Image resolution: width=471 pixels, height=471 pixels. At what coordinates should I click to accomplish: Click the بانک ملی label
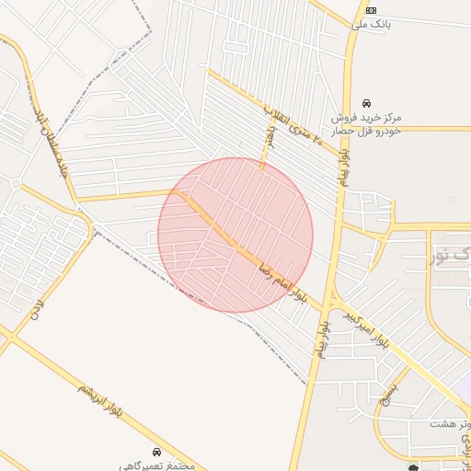pyautogui.click(x=374, y=24)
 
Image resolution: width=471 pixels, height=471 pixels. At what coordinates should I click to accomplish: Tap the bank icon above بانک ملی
pyautogui.click(x=370, y=9)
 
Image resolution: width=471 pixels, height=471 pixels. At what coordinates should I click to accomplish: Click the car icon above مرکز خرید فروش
pyautogui.click(x=367, y=102)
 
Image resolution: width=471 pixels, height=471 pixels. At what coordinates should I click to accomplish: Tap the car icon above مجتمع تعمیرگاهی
pyautogui.click(x=157, y=452)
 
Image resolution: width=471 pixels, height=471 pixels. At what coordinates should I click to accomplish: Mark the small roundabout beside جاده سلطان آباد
pyautogui.click(x=15, y=183)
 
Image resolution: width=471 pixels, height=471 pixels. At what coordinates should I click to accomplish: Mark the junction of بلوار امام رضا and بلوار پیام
pyautogui.click(x=329, y=305)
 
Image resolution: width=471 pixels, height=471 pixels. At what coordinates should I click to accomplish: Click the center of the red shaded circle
pyautogui.click(x=235, y=235)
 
